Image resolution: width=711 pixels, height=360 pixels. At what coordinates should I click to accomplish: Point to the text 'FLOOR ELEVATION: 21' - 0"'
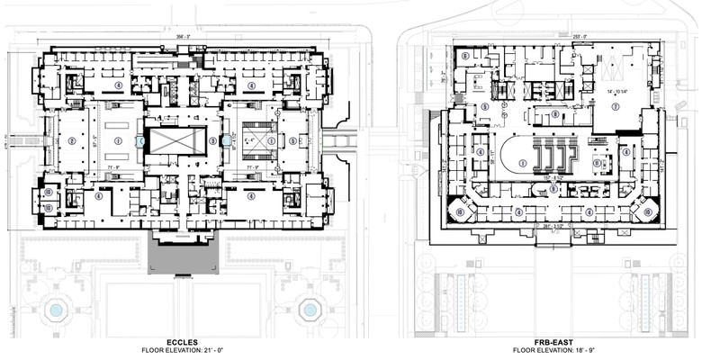click(184, 350)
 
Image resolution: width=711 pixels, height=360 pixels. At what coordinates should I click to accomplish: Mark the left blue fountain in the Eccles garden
click(56, 310)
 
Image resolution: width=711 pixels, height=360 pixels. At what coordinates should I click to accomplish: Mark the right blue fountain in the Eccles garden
click(310, 310)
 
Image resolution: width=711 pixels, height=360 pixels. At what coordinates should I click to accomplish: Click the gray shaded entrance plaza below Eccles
click(184, 257)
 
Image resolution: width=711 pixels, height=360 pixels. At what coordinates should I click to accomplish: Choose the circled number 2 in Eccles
click(70, 140)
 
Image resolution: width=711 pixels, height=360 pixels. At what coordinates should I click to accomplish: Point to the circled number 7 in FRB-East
click(616, 105)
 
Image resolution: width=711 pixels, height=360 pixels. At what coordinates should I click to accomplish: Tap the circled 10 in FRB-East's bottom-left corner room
click(460, 212)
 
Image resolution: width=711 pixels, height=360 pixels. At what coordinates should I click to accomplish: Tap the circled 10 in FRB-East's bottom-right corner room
click(644, 212)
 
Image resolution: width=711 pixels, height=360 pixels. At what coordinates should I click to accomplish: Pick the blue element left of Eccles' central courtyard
click(139, 141)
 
